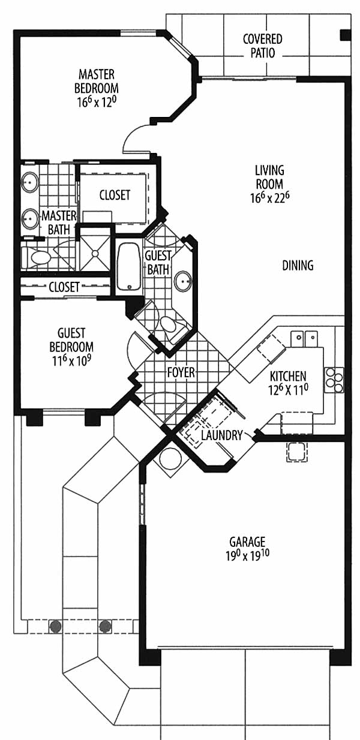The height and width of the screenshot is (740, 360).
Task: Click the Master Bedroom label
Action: coord(96,82)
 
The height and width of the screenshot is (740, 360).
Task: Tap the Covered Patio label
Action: coord(262,46)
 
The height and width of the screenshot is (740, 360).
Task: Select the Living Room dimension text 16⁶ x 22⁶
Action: coord(270,197)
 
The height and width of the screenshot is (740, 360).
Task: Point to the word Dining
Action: coord(298,265)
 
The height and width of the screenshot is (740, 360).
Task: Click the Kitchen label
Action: coord(288,376)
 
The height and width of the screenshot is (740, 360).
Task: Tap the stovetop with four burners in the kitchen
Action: coord(334,380)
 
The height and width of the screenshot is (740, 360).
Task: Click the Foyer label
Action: coord(181,372)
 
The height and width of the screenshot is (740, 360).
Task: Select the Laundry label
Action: coord(222,435)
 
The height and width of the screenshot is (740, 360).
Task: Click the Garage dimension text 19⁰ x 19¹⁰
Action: coord(247,555)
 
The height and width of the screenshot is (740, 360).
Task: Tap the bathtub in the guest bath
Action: coord(129,267)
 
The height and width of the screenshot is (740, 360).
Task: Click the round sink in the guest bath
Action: coord(183,281)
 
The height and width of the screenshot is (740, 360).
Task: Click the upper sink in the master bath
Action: coord(30,182)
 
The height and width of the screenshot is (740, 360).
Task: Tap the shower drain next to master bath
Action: coord(95,254)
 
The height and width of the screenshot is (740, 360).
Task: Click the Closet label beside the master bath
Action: coord(115,195)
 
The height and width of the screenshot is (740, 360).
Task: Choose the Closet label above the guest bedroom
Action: coord(64,287)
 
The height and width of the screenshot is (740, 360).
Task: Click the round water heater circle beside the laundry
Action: coord(170,459)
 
